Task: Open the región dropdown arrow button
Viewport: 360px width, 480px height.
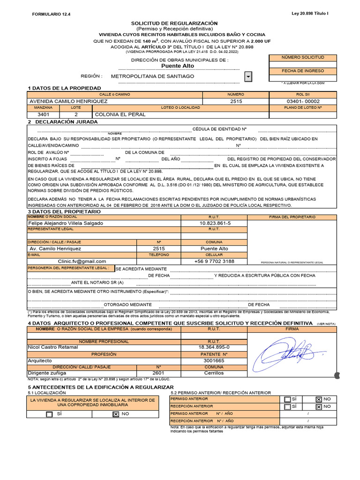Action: point(248,76)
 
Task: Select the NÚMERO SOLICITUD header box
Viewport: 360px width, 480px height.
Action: point(302,57)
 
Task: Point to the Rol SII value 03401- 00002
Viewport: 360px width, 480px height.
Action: point(302,101)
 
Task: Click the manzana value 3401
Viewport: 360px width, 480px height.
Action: point(43,114)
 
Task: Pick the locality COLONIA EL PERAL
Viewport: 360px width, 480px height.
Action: point(120,114)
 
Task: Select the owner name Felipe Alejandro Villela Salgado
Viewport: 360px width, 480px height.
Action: point(66,223)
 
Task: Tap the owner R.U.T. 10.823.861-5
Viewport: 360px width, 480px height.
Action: point(214,223)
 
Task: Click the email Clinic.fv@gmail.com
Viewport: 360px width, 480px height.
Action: point(82,261)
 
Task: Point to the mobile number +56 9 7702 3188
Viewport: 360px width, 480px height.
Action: point(214,261)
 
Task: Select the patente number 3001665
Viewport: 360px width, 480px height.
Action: point(214,360)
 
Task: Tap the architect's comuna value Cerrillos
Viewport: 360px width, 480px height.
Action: point(214,373)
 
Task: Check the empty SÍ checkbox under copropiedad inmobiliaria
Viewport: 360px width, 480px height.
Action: point(49,414)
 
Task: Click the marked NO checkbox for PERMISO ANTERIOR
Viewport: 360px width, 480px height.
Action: point(319,399)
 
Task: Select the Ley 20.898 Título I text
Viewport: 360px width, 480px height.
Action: point(310,14)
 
